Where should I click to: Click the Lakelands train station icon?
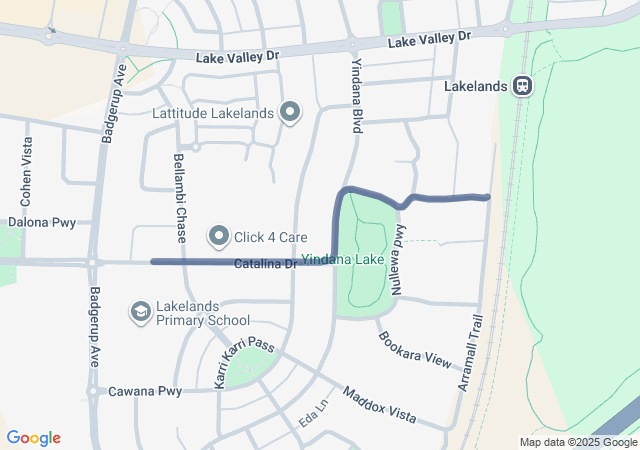pyautogui.click(x=523, y=86)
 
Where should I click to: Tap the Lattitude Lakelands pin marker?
pyautogui.click(x=291, y=112)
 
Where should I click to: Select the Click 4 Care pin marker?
pyautogui.click(x=219, y=237)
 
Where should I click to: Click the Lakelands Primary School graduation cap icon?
pyautogui.click(x=141, y=312)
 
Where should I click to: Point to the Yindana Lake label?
pyautogui.click(x=344, y=258)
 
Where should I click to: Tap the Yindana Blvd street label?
pyautogui.click(x=356, y=95)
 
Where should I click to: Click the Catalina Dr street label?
pyautogui.click(x=266, y=265)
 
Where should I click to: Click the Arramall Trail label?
pyautogui.click(x=471, y=353)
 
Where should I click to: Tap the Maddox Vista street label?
pyautogui.click(x=379, y=405)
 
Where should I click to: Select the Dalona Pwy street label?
pyautogui.click(x=42, y=222)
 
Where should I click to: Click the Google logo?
pyautogui.click(x=34, y=438)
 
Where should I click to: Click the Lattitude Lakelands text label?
pyautogui.click(x=212, y=113)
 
